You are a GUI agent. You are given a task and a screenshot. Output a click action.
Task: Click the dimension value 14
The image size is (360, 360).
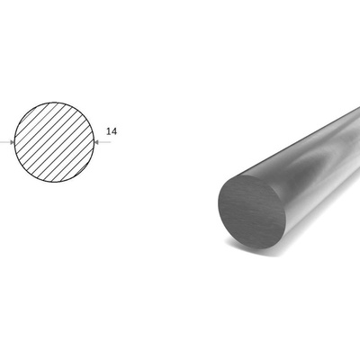(112, 131)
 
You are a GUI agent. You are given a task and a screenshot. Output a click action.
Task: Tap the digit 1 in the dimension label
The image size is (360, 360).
(109, 131)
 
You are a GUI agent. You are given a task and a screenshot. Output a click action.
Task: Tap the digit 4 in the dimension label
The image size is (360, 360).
(114, 131)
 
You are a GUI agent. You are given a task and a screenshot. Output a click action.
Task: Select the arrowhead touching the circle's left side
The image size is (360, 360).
(12, 142)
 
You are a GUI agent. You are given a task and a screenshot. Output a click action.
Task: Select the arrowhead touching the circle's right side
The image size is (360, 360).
(96, 142)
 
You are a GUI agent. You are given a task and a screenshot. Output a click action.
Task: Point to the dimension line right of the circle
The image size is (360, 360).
(103, 142)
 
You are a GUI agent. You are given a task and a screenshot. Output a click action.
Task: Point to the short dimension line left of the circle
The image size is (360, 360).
(7, 142)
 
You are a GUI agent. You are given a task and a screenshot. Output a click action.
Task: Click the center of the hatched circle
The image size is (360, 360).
(54, 142)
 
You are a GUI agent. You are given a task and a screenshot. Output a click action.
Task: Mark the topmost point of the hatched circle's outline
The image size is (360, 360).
(54, 103)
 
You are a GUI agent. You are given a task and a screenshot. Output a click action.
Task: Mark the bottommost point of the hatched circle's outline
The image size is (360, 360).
(54, 182)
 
